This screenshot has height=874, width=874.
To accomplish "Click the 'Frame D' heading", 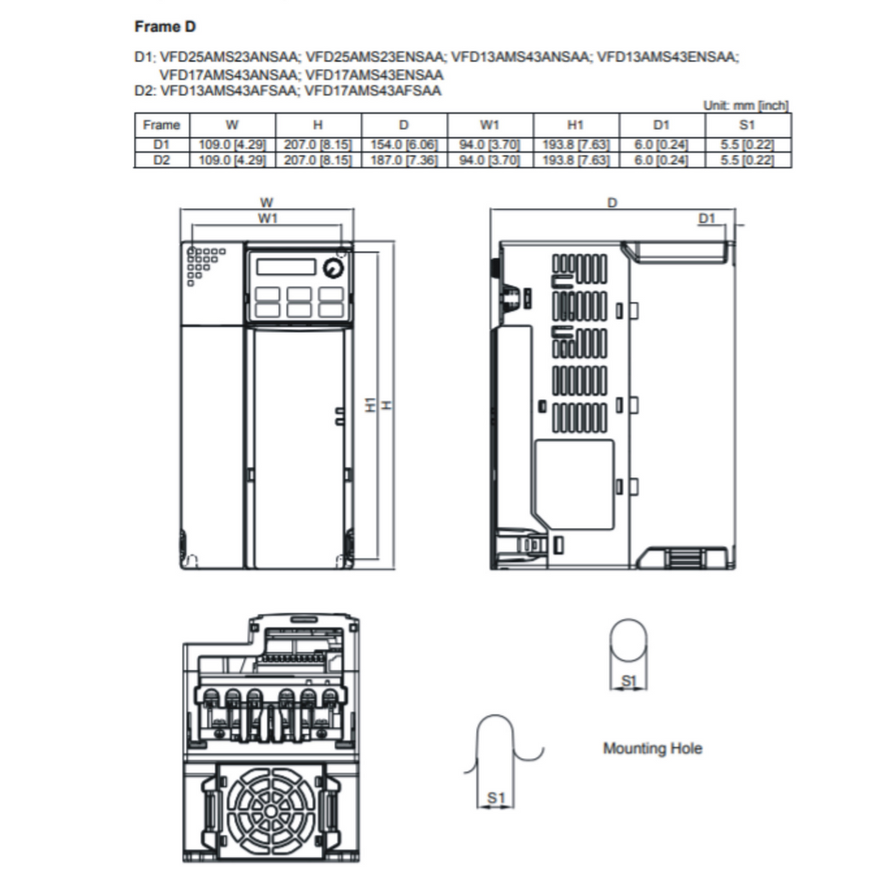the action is (x=165, y=26).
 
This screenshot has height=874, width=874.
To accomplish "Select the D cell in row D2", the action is (x=404, y=160).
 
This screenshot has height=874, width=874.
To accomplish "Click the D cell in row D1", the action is (x=404, y=144).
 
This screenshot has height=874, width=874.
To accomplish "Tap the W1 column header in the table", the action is (x=489, y=125).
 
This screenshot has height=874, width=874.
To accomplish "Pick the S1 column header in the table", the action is (x=747, y=125).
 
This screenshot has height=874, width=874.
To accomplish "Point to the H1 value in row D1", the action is (x=576, y=144).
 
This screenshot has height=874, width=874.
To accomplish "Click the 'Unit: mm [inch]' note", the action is (x=746, y=105).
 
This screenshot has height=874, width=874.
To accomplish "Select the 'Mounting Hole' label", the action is (x=653, y=748).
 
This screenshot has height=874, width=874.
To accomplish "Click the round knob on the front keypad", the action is (x=334, y=269).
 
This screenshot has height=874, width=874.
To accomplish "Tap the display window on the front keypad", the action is (x=286, y=266).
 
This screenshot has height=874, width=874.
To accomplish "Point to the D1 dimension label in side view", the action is (x=706, y=218).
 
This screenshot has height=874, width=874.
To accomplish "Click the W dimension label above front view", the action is (x=266, y=202).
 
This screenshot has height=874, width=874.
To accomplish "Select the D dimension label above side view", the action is (x=612, y=202).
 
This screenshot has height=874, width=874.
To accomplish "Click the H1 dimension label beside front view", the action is (x=370, y=405).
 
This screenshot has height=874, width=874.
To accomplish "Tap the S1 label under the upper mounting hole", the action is (x=629, y=680).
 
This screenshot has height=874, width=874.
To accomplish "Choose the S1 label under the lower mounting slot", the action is (x=496, y=798).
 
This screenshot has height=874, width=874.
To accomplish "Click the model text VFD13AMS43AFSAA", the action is (x=229, y=90).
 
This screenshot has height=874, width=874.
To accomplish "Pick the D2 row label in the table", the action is (x=161, y=160).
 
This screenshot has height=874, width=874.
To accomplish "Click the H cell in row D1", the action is (x=318, y=144).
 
